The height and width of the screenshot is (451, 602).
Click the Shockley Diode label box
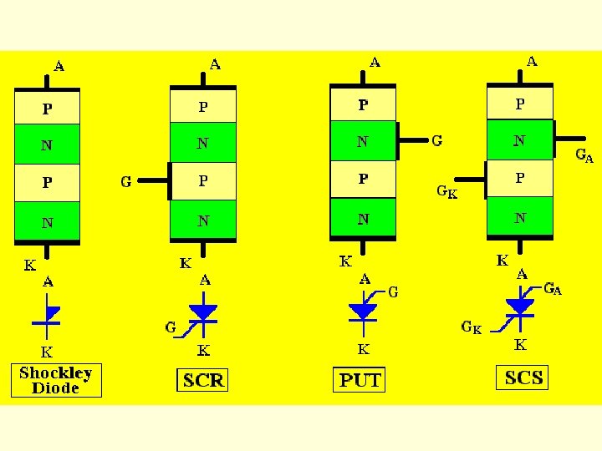click(x=55, y=380)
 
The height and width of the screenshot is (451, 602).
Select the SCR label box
click(x=202, y=381)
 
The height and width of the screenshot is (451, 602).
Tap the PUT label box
click(x=360, y=380)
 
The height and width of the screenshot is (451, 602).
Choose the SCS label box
click(x=524, y=378)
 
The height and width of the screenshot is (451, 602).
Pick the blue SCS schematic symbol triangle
click(x=520, y=307)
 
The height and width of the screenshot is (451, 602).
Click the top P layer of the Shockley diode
click(x=47, y=109)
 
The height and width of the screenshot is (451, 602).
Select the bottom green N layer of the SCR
click(x=203, y=220)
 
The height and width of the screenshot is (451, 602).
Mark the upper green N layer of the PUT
click(x=363, y=141)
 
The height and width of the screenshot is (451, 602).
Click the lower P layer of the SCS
click(x=520, y=178)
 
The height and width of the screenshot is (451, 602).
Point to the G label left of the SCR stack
click(x=126, y=180)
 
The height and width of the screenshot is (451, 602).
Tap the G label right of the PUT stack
click(x=436, y=140)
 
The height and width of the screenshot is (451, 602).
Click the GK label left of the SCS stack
click(x=447, y=191)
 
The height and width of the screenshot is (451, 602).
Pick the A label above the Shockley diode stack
click(x=59, y=65)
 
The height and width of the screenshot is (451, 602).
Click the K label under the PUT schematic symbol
click(x=363, y=349)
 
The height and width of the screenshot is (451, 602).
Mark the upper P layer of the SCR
click(x=203, y=107)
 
